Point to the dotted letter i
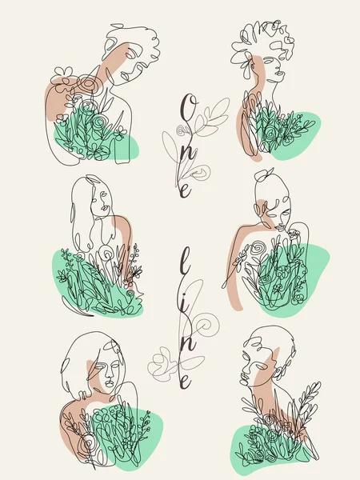point(185,306)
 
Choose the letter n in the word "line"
point(187,343)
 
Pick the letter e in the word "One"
point(186,190)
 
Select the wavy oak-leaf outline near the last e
point(162,364)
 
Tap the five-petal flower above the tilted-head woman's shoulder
point(62,73)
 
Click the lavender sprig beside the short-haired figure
point(309,397)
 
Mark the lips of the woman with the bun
point(281,227)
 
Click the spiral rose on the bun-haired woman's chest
point(259,248)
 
